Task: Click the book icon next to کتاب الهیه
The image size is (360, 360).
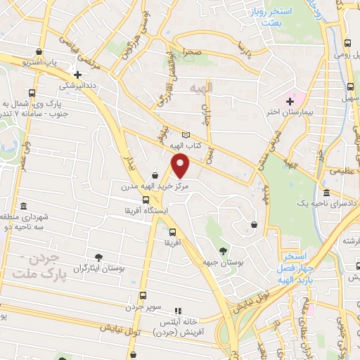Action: (x=186, y=136)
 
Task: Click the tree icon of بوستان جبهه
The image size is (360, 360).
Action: (x=223, y=251)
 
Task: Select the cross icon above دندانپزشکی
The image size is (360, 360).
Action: (x=77, y=74)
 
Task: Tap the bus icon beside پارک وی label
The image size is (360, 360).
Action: (x=32, y=93)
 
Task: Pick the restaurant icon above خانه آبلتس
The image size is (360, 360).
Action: (x=178, y=309)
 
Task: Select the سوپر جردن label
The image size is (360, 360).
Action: (x=144, y=308)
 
